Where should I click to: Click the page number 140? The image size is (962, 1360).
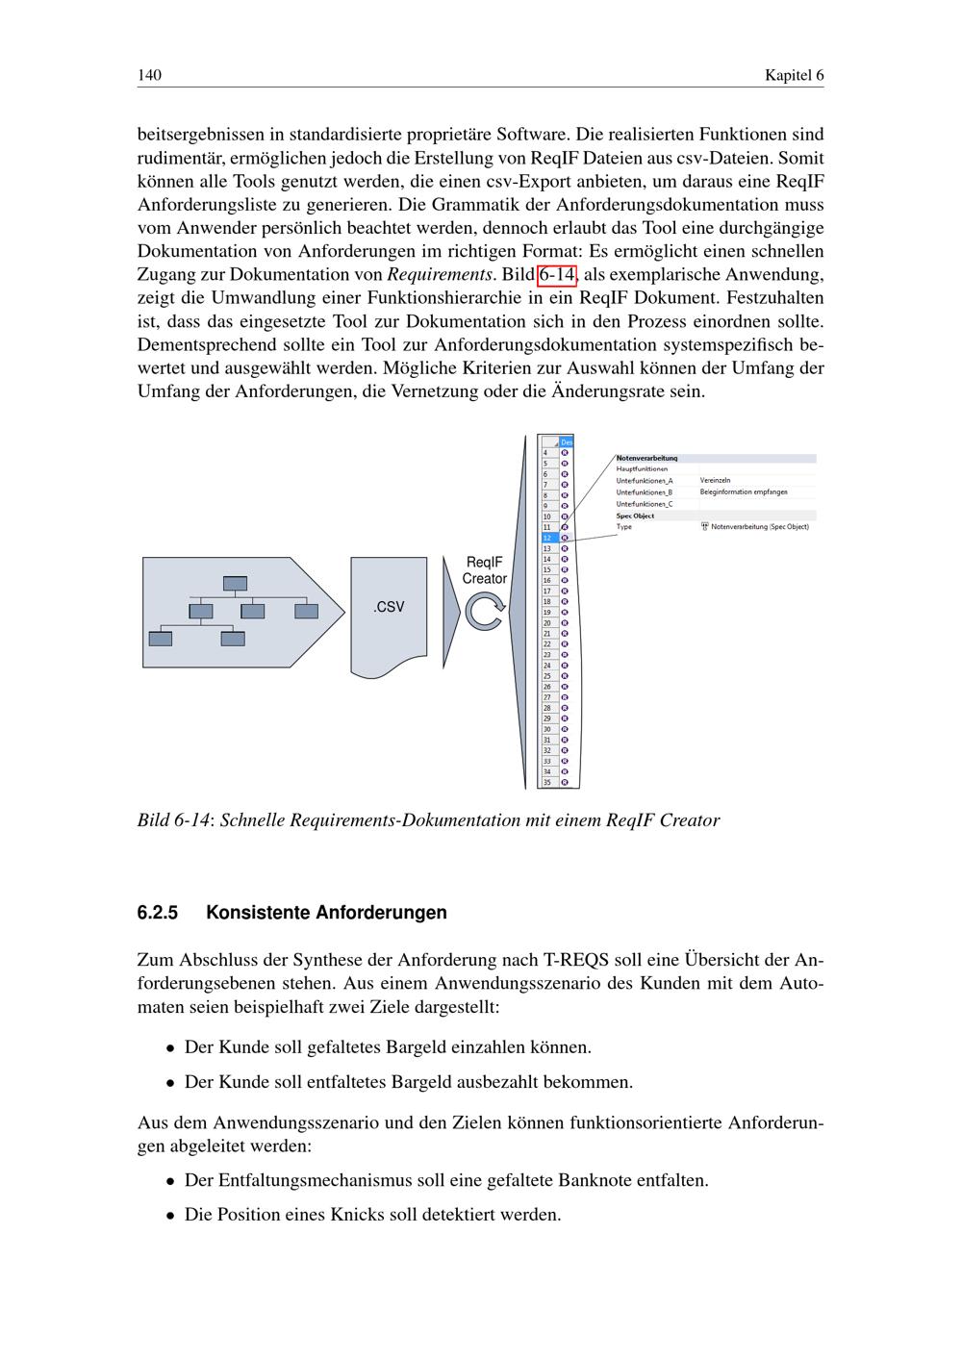pos(149,75)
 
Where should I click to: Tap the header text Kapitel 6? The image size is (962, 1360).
pos(794,75)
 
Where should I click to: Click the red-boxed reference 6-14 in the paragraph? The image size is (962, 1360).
pos(557,275)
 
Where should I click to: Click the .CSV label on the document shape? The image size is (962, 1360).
pos(389,607)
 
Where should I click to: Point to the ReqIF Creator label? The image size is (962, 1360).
pos(484,570)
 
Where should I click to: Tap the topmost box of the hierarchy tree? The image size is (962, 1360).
pos(235,583)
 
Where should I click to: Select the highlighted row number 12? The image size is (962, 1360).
pos(547,538)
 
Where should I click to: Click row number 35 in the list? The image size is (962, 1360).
pos(547,782)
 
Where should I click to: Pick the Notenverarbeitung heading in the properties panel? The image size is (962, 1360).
pos(647,458)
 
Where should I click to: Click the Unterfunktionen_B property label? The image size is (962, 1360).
pos(645,492)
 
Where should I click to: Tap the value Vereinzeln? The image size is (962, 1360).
pos(716,481)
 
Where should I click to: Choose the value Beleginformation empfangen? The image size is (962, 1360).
pos(744,492)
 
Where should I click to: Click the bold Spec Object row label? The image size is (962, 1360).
pos(636,516)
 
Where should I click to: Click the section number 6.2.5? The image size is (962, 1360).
pos(158,912)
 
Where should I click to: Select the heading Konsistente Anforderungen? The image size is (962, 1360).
pos(326,912)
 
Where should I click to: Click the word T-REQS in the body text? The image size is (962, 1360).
pos(574,960)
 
